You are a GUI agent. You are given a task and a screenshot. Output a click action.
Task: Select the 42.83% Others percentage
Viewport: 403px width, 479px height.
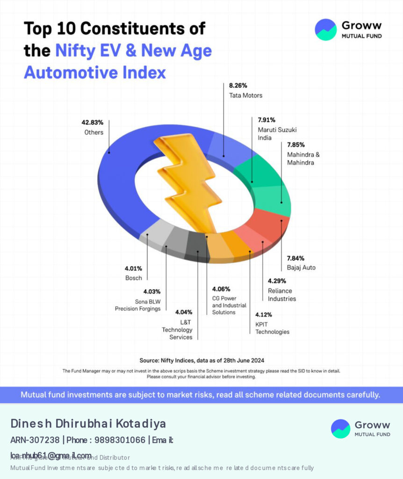93,123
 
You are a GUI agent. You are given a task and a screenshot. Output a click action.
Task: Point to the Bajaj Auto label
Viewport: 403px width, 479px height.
301,268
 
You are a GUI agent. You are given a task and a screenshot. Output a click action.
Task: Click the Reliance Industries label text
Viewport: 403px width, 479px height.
281,295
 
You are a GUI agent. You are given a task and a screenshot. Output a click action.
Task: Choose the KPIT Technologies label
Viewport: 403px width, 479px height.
272,328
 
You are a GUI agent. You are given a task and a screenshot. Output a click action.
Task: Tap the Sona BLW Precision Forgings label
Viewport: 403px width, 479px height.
138,305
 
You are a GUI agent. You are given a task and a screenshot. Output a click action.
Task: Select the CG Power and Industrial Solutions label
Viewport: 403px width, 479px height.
229,305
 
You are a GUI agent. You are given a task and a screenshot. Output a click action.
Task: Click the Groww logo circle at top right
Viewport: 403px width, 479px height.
325,29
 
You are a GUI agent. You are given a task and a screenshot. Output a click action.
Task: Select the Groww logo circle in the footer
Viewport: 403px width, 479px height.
340,428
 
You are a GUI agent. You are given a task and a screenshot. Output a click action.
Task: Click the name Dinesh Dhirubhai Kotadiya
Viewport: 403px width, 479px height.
88,424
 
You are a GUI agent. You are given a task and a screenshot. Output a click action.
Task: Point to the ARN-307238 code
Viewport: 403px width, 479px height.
35,440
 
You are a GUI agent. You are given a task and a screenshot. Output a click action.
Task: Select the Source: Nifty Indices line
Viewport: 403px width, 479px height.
202,360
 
